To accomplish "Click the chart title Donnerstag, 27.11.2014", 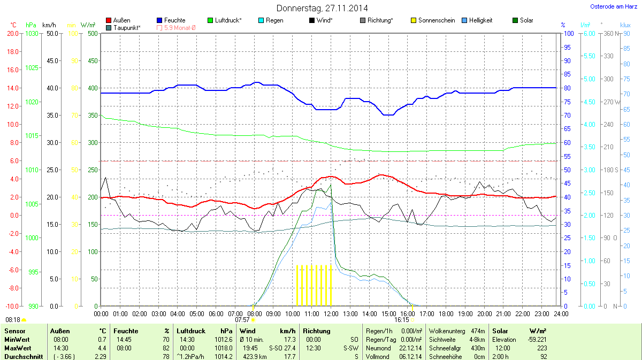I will click(322, 8).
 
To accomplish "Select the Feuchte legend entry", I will click(175, 20).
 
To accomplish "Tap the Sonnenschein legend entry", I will click(437, 20).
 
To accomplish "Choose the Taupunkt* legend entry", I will click(127, 27).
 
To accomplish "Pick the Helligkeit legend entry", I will click(480, 20).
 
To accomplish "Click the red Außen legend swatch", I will click(109, 20).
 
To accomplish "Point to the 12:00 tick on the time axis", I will click(331, 313).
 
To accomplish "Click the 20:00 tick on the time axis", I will click(485, 313).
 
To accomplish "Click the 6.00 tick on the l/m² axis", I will click(588, 33).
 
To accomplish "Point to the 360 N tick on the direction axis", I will click(610, 33).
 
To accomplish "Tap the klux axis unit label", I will click(625, 25).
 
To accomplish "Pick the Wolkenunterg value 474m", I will click(479, 331).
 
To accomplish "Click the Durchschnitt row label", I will click(24, 356).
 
